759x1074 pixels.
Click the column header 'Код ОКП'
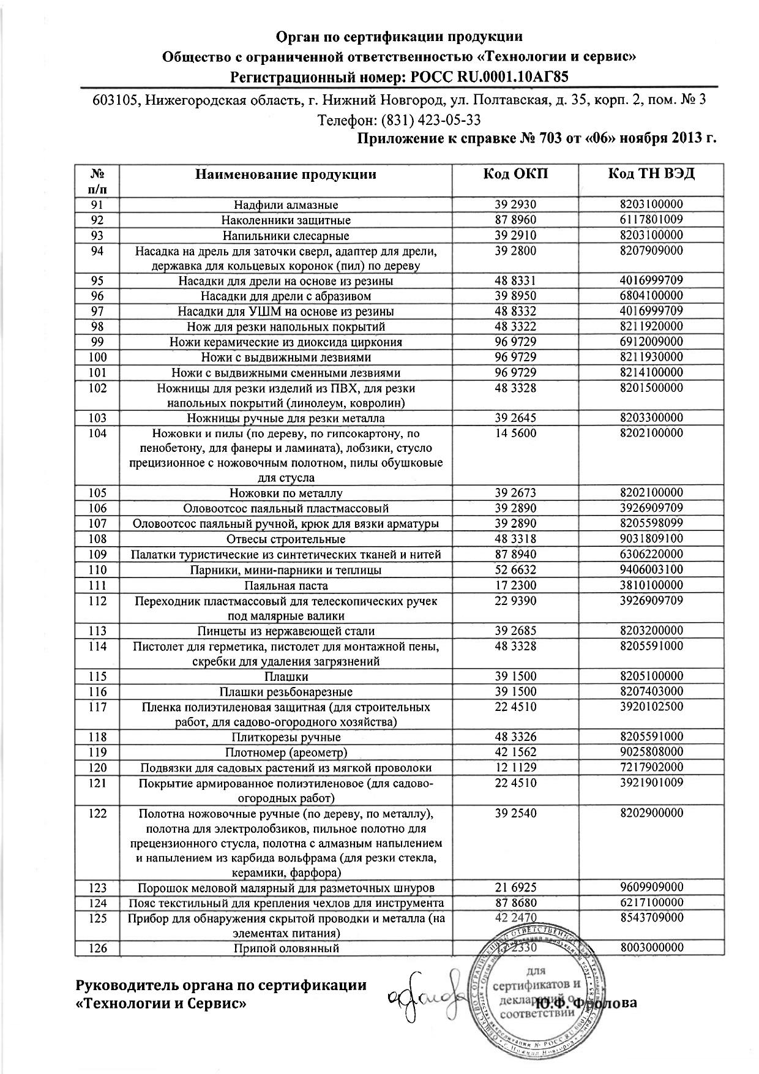(515, 174)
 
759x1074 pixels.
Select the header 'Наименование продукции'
(286, 174)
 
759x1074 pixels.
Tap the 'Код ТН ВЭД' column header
(651, 173)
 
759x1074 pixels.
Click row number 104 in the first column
(97, 434)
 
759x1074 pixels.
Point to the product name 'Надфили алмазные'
(286, 205)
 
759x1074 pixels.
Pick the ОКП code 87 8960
(515, 220)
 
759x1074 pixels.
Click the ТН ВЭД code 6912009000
(651, 342)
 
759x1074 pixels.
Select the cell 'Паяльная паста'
(286, 585)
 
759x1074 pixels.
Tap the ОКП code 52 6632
(515, 569)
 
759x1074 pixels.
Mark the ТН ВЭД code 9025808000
(651, 752)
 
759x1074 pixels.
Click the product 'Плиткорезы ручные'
(286, 737)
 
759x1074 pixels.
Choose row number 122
(97, 813)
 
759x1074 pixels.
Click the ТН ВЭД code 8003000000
(651, 947)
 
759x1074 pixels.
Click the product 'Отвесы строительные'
(286, 539)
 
